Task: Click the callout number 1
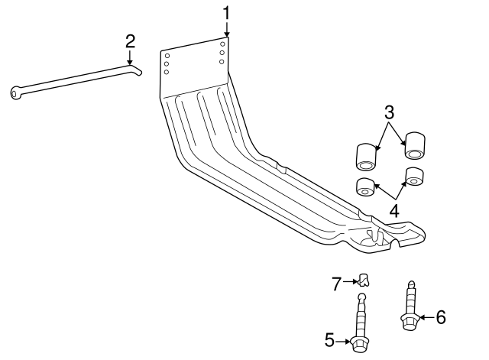[226, 14]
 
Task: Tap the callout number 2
[131, 41]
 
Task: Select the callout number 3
[389, 112]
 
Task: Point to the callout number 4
[394, 211]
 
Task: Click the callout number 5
[329, 339]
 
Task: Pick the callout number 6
[441, 317]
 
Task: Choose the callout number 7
[336, 284]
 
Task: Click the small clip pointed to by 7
[364, 280]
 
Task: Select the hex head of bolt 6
[410, 322]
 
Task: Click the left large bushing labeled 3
[366, 157]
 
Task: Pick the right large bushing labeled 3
[415, 146]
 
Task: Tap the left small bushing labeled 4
[365, 187]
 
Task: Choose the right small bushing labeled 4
[414, 177]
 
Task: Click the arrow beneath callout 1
[227, 30]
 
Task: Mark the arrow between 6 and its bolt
[427, 317]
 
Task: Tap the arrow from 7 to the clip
[350, 282]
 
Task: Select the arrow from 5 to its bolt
[343, 342]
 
